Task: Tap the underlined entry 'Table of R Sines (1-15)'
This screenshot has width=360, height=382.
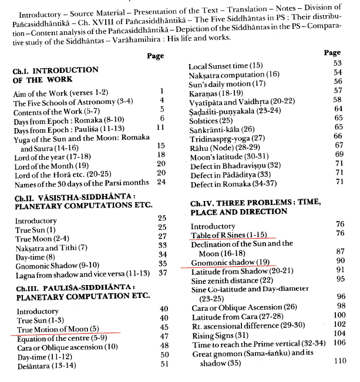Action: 230,236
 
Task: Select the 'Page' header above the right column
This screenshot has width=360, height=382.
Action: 332,53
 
